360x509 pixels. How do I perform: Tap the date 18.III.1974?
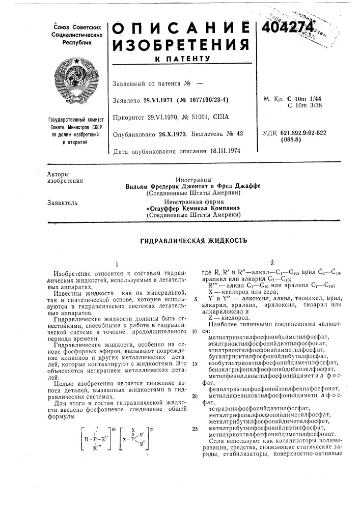coord(227,151)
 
